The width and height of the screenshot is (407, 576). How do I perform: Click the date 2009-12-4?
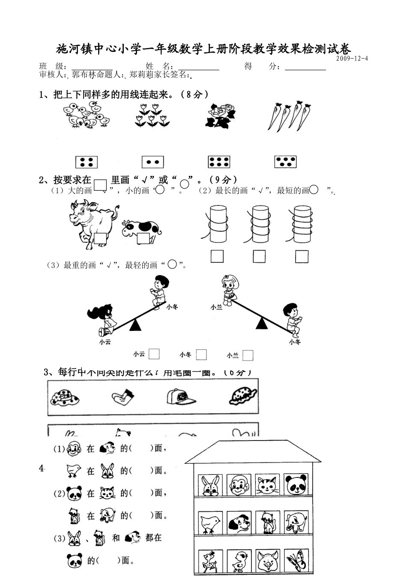pos(352,59)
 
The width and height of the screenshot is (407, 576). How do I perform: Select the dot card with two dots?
pos(153,162)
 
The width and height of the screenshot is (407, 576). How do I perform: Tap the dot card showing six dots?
pos(219,162)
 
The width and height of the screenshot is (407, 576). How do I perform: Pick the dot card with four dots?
pos(87,162)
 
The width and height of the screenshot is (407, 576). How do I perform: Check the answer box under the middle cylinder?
pos(259,256)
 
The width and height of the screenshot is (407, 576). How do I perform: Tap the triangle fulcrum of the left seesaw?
pos(135,325)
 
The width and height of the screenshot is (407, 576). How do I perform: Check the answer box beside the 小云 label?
pos(154,354)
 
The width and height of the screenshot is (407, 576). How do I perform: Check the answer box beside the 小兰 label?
pos(248,355)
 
